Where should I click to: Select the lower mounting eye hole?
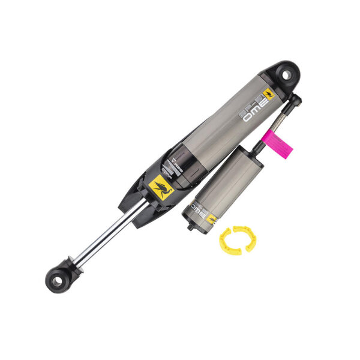click(x=58, y=280)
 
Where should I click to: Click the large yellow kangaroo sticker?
click(x=160, y=187)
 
